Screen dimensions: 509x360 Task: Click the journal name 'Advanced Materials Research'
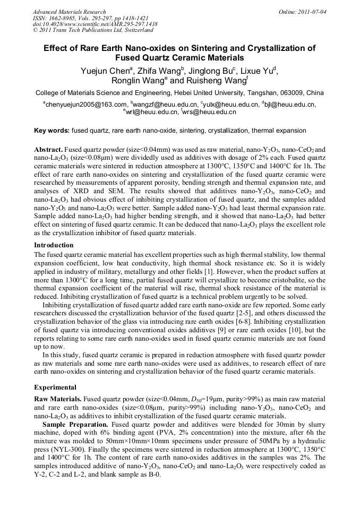pos(69,12)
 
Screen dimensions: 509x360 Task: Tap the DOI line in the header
pos(95,24)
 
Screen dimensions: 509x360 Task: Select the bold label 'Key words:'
pos(52,130)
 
